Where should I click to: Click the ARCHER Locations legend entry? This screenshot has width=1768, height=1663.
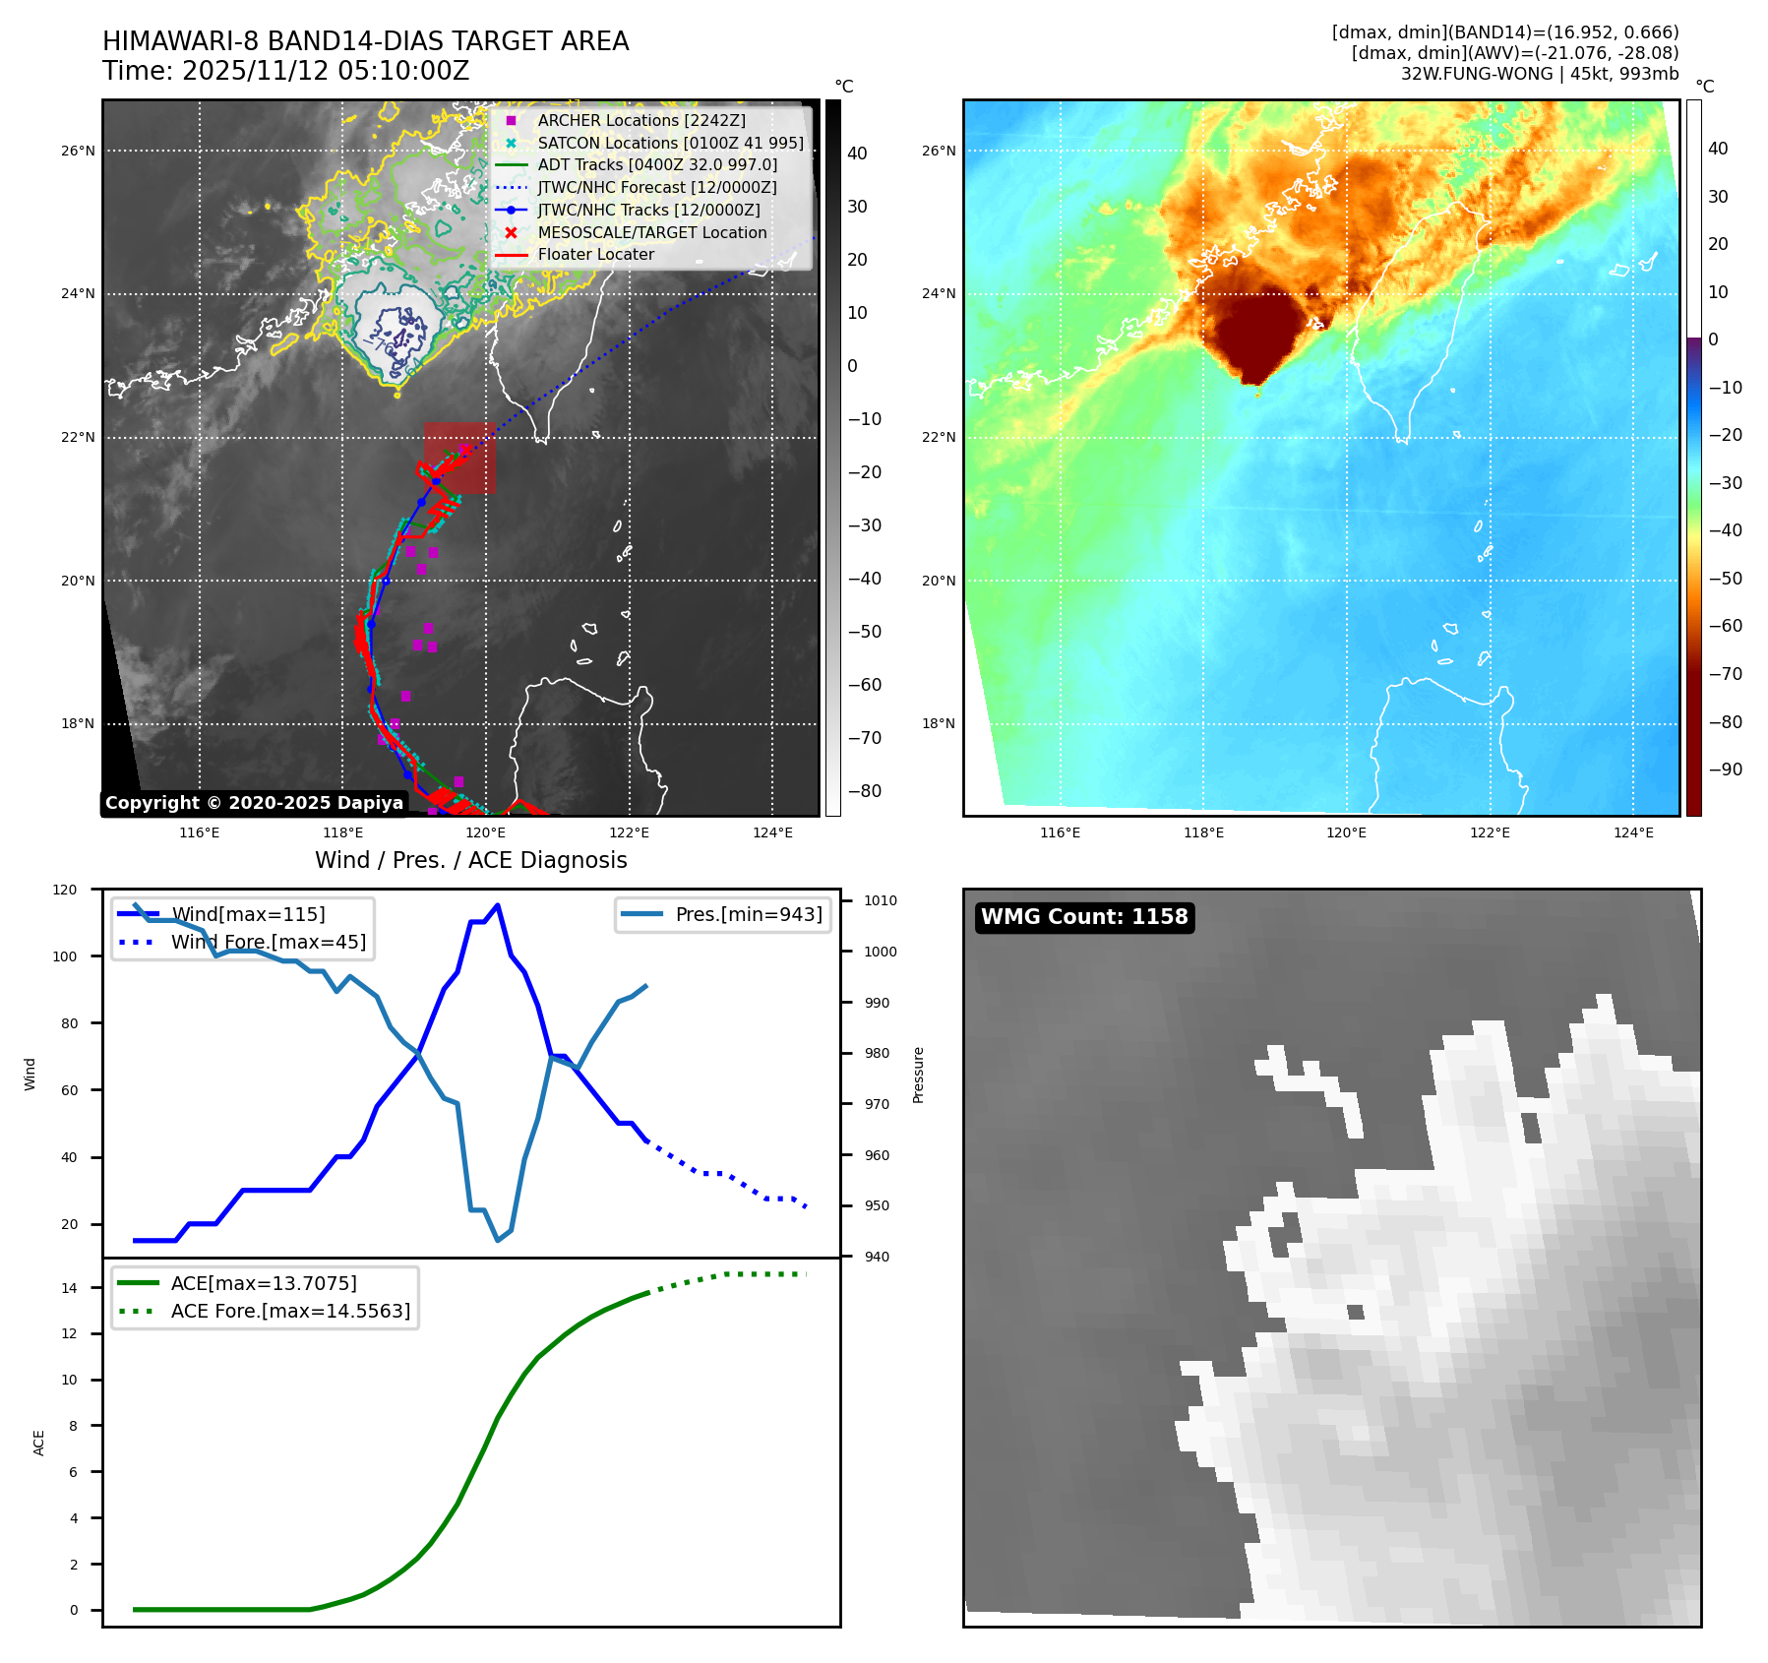pyautogui.click(x=640, y=120)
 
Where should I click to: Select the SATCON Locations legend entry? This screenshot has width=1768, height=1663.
pyautogui.click(x=670, y=143)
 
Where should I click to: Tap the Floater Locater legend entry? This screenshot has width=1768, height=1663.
pyautogui.click(x=595, y=254)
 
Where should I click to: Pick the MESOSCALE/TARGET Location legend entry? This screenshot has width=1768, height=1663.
pyautogui.click(x=651, y=232)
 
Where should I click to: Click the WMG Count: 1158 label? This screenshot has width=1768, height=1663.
pyautogui.click(x=1084, y=917)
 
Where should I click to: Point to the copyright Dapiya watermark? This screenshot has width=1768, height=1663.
pyautogui.click(x=254, y=803)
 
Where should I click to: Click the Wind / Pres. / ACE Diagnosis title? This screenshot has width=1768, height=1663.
pyautogui.click(x=470, y=860)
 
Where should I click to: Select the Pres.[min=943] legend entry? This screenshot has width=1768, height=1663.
pyautogui.click(x=748, y=914)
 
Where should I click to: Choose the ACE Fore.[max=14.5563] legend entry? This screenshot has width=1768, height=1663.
pyautogui.click(x=290, y=1311)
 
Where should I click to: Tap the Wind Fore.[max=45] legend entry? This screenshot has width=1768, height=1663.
pyautogui.click(x=268, y=942)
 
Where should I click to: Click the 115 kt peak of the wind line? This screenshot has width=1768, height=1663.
pyautogui.click(x=498, y=905)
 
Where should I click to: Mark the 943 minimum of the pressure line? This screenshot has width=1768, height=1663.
pyautogui.click(x=498, y=1240)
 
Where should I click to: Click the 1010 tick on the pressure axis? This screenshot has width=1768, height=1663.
pyautogui.click(x=881, y=900)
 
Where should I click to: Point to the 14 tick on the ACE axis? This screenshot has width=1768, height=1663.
pyautogui.click(x=69, y=1288)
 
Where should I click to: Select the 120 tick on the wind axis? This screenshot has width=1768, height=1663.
pyautogui.click(x=65, y=890)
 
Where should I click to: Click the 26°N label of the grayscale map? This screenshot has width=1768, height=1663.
pyautogui.click(x=79, y=152)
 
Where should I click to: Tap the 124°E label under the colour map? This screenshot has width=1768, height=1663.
pyautogui.click(x=1633, y=832)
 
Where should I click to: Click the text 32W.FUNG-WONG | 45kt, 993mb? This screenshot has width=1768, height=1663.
pyautogui.click(x=1540, y=74)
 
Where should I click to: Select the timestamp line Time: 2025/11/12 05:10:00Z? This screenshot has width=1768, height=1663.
pyautogui.click(x=286, y=71)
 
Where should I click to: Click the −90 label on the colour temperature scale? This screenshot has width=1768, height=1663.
pyautogui.click(x=1725, y=770)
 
